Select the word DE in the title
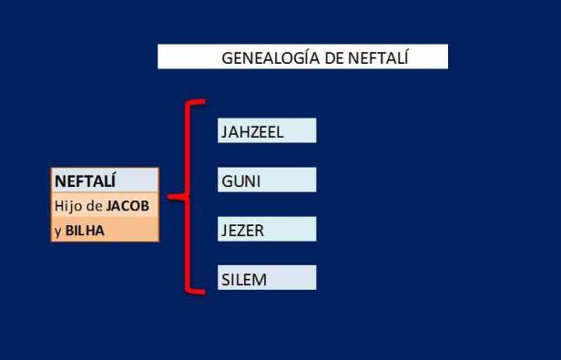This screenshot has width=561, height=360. (x=331, y=57)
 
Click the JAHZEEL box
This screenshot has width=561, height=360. (x=267, y=131)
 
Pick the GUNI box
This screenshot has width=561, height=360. (x=267, y=180)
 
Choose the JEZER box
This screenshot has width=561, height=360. (x=267, y=230)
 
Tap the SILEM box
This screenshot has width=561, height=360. (x=267, y=279)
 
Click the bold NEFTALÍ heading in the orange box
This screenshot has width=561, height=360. (x=84, y=180)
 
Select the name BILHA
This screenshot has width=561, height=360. (x=85, y=231)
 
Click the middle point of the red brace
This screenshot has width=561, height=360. (x=175, y=197)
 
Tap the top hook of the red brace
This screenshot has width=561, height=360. (x=197, y=102)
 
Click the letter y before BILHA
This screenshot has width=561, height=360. (x=57, y=231)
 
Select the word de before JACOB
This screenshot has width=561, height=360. (x=95, y=205)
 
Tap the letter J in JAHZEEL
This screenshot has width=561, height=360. (x=224, y=132)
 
